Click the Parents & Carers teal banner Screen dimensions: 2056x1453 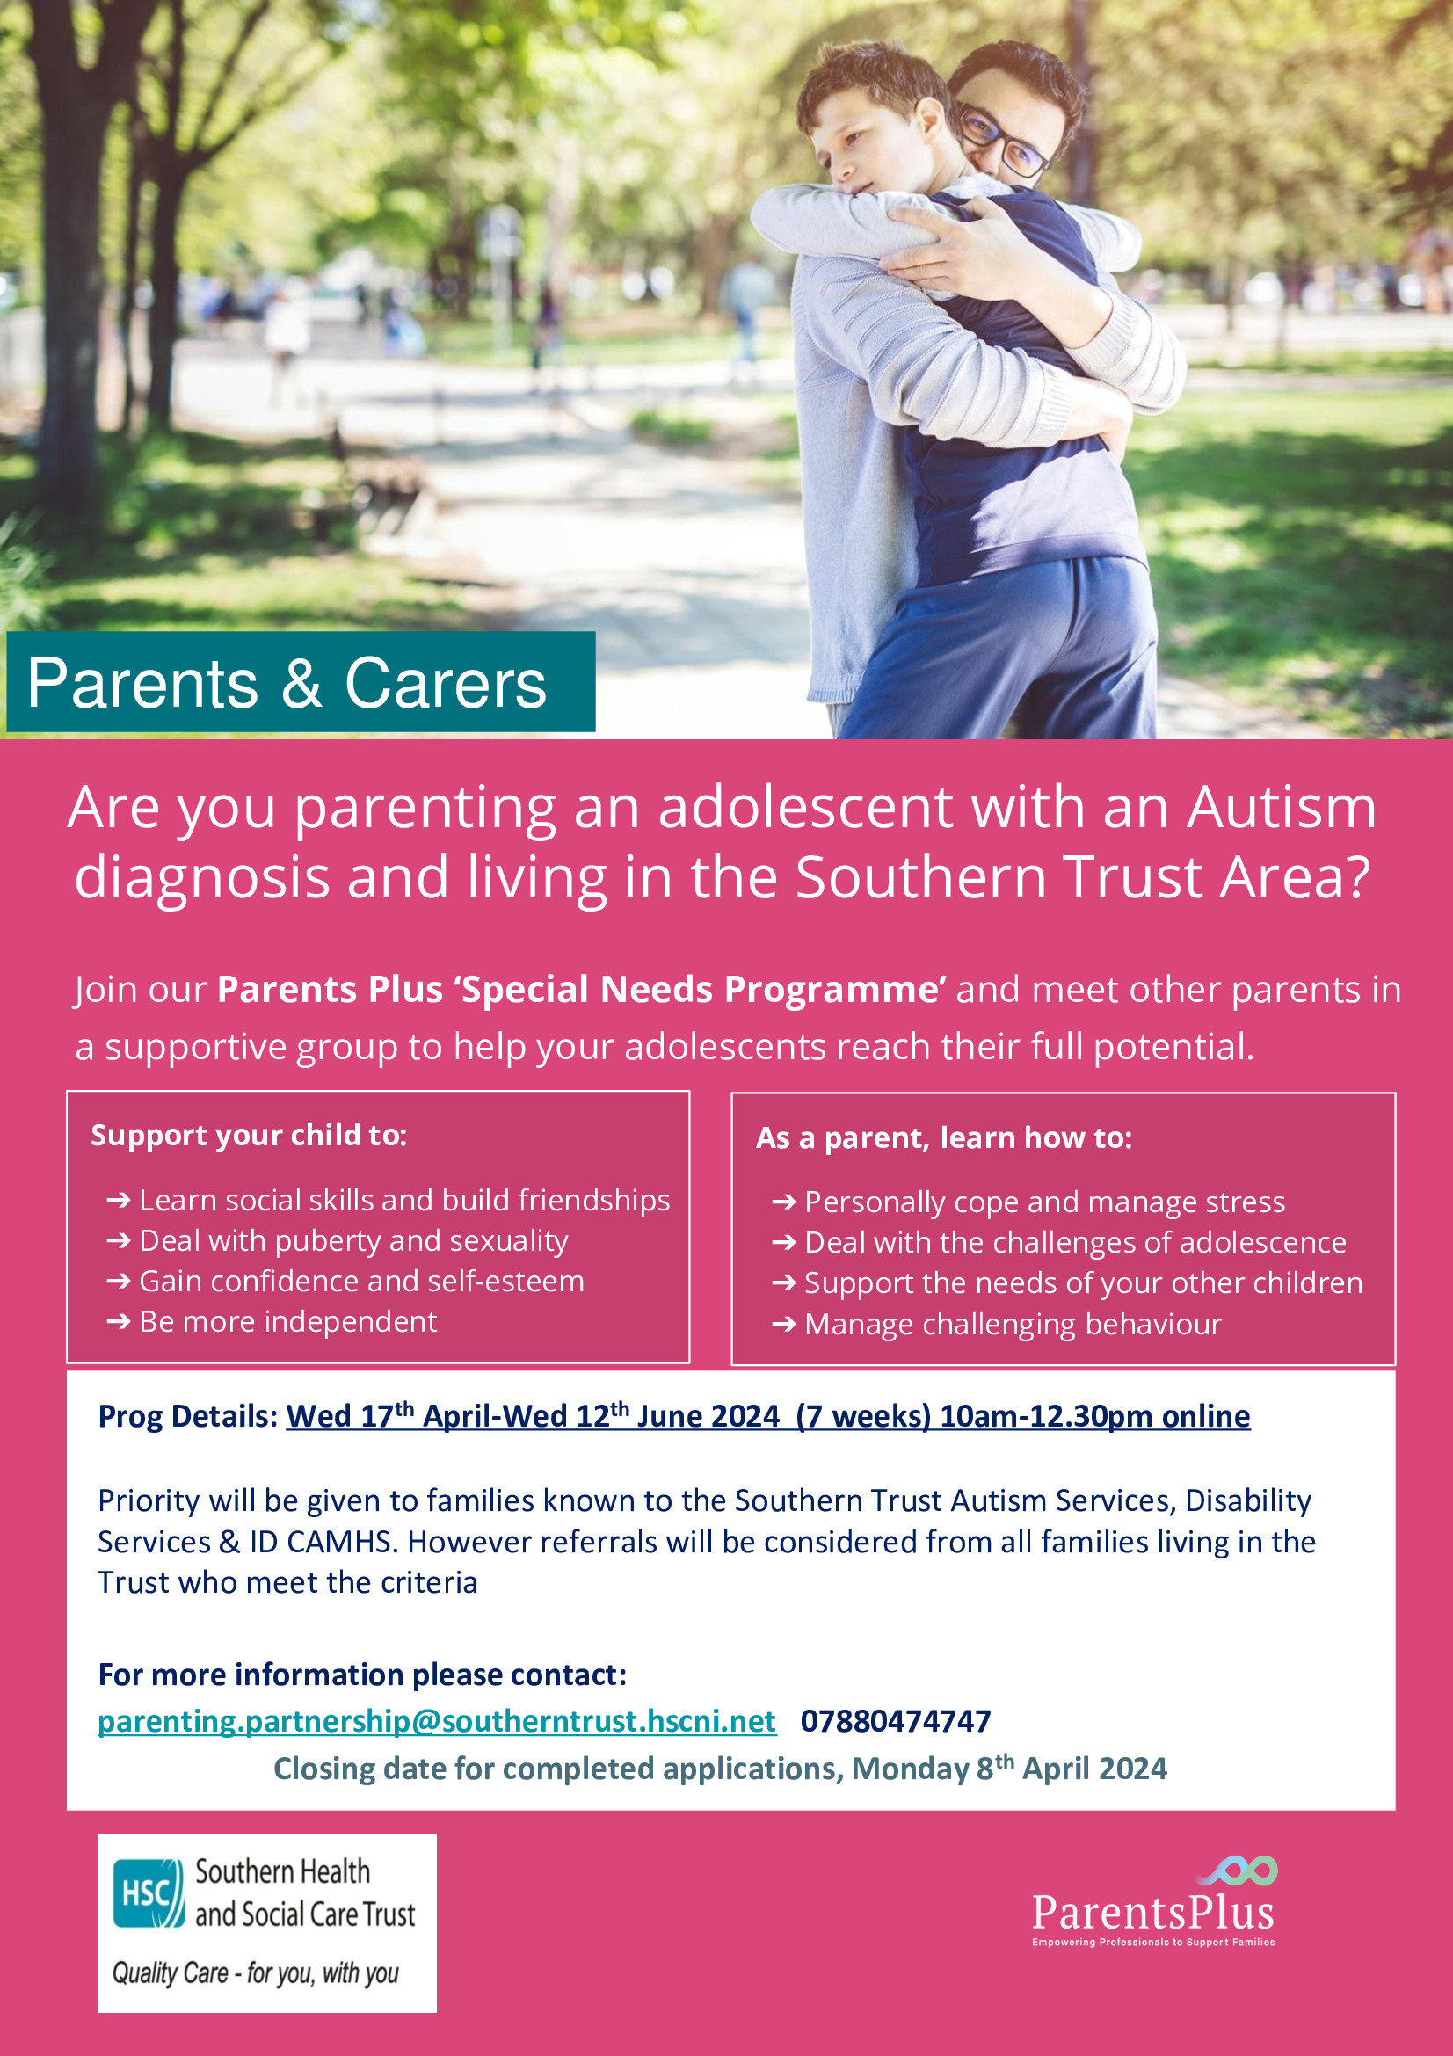pyautogui.click(x=300, y=682)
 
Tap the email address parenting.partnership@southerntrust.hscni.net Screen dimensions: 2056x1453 pyautogui.click(x=436, y=1720)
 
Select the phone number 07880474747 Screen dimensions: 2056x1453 pyautogui.click(x=895, y=1720)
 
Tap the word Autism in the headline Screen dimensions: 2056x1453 pyautogui.click(x=1281, y=807)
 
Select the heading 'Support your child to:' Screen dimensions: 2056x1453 pyautogui.click(x=249, y=1135)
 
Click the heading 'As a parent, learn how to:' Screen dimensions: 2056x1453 pyautogui.click(x=943, y=1137)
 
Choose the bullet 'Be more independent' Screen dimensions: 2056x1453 pyautogui.click(x=287, y=1322)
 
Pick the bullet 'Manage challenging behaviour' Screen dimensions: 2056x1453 pyautogui.click(x=1013, y=1324)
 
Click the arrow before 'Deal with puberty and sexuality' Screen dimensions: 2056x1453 pyautogui.click(x=118, y=1241)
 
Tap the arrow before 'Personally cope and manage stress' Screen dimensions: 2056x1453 pyautogui.click(x=783, y=1202)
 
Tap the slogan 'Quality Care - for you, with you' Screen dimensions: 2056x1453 pyautogui.click(x=255, y=1972)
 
